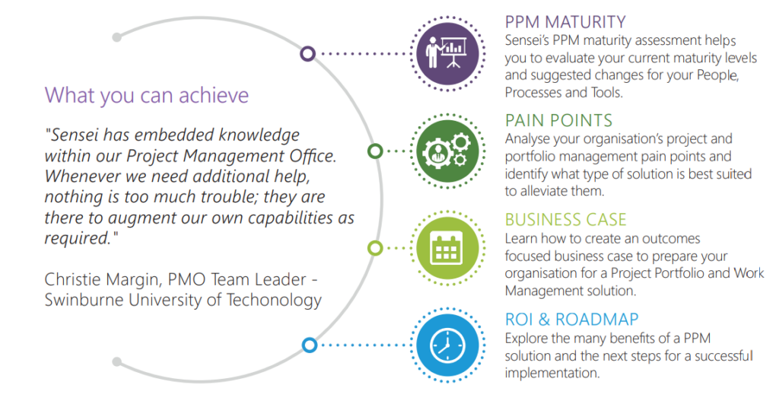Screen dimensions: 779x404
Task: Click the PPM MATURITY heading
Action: (565, 22)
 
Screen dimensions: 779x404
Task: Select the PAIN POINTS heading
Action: (558, 120)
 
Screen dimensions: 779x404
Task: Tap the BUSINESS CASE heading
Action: (565, 219)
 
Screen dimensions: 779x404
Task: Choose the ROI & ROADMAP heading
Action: (571, 319)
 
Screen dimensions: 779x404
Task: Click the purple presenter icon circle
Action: (447, 54)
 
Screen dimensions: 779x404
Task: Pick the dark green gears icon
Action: (447, 151)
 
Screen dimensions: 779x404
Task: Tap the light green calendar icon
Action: (447, 248)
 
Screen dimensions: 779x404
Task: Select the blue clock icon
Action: (447, 345)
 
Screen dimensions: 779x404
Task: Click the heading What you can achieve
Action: (147, 95)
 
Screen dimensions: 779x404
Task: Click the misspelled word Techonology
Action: (274, 300)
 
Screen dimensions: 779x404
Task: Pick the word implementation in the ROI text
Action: (552, 373)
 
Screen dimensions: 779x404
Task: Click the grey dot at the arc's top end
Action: (116, 37)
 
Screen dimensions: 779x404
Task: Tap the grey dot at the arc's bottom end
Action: (116, 361)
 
